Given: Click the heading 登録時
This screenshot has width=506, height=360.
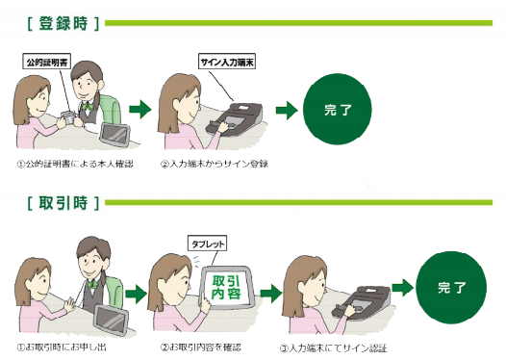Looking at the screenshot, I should [58, 20].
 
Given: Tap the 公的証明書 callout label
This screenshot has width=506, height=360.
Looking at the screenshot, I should [48, 61].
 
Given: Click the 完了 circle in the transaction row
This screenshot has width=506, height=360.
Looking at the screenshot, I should [448, 287].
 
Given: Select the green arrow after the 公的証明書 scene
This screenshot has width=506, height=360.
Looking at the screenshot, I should [141, 110].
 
